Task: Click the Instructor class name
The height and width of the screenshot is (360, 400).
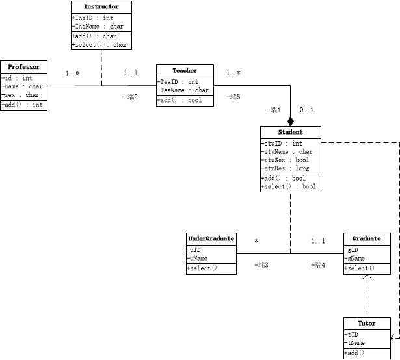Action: [x=101, y=7]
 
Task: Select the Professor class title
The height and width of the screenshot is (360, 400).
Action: [x=24, y=67]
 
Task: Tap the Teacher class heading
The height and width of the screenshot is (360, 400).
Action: [x=185, y=70]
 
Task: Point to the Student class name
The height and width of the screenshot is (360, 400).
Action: [x=290, y=132]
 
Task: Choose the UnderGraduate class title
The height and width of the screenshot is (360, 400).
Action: [x=211, y=238]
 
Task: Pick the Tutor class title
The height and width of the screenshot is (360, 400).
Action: [x=367, y=323]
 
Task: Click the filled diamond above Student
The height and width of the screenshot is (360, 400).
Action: [x=291, y=121]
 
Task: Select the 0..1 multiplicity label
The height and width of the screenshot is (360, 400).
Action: [x=307, y=110]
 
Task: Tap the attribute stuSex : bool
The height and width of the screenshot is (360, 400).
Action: [x=286, y=160]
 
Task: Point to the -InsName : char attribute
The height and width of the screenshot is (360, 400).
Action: [x=98, y=26]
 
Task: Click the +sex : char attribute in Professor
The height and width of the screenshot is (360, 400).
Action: [x=20, y=95]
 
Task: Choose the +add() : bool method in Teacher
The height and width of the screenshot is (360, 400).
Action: [x=180, y=100]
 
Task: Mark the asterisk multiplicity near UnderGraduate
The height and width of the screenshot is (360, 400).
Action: [x=256, y=241]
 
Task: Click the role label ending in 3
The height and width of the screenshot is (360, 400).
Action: [x=261, y=264]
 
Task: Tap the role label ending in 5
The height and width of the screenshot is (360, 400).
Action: [x=233, y=97]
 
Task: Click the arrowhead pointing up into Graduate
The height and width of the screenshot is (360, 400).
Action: [x=368, y=277]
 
